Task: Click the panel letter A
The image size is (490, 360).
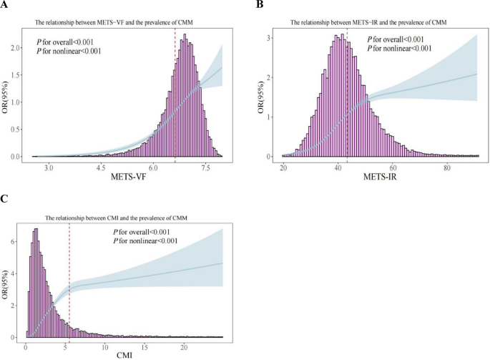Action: tap(5, 5)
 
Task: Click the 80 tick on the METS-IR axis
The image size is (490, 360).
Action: tap(446, 166)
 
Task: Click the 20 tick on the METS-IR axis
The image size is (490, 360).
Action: tap(284, 166)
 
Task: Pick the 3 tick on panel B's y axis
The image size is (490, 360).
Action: tap(269, 37)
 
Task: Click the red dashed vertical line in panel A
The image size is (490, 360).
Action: tap(175, 93)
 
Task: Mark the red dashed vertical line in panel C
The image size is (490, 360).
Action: tap(69, 286)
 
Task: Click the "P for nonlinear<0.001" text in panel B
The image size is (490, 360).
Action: tap(404, 48)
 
